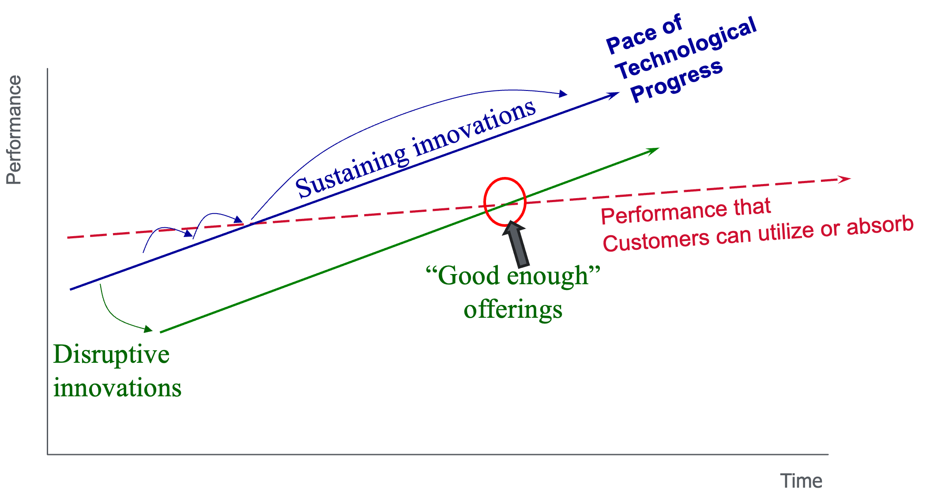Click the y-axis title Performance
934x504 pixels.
tap(14, 130)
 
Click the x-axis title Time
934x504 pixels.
tap(801, 481)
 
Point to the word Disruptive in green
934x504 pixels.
tap(111, 354)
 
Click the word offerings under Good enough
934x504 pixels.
tap(513, 309)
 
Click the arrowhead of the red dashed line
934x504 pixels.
tap(845, 179)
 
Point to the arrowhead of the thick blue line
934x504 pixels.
tap(614, 94)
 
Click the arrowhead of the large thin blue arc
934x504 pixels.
tap(563, 94)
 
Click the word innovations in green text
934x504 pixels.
tap(117, 388)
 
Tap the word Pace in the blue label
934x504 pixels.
tap(631, 41)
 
